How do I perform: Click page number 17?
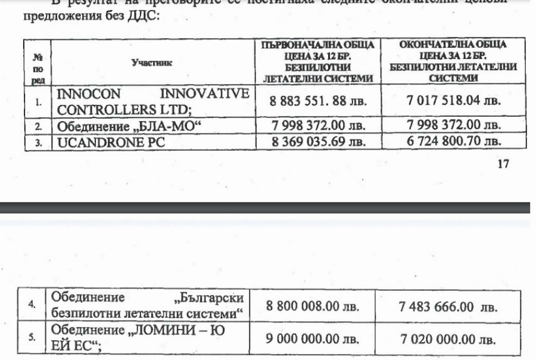503,164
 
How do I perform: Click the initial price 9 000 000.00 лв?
313,339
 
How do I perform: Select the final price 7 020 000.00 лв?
448,339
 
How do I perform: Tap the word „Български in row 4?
213,297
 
